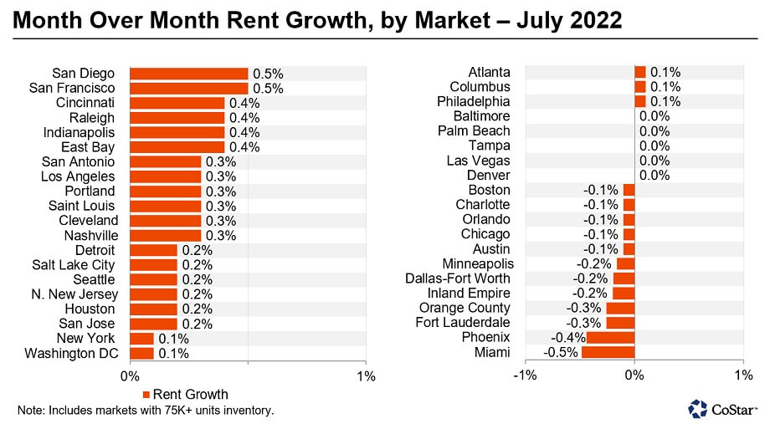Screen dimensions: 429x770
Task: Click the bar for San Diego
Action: point(189,74)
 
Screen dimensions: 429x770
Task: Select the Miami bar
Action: point(608,352)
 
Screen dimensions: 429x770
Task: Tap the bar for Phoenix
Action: point(610,337)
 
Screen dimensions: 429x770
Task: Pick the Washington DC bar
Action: point(142,353)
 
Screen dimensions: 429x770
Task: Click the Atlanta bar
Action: point(640,72)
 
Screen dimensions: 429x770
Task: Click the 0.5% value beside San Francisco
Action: point(268,88)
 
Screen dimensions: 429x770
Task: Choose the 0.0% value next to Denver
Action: point(654,176)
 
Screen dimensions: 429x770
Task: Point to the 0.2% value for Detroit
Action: point(197,250)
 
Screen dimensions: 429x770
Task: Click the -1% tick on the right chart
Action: point(524,375)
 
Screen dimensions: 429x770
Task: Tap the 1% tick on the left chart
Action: point(366,375)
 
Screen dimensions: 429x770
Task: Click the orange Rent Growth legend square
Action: point(146,394)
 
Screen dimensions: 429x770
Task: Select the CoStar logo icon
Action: point(698,408)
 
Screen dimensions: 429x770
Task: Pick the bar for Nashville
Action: point(166,235)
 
